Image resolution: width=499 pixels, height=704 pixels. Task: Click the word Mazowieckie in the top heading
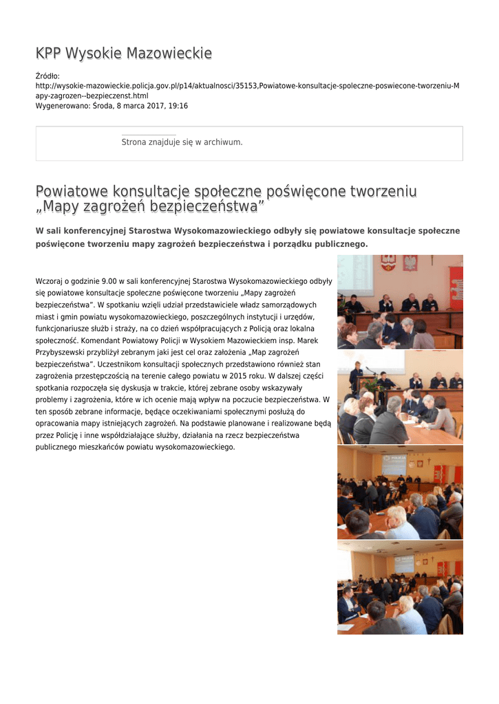coord(173,54)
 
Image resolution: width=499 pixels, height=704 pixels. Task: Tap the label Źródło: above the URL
coord(47,76)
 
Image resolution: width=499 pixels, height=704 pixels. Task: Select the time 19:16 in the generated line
coord(179,106)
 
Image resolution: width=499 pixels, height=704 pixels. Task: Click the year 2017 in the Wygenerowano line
coord(149,106)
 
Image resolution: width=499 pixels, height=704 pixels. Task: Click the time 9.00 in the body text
coord(109,281)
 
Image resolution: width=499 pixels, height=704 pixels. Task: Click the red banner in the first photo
coord(456,286)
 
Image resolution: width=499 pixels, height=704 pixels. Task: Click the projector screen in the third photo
coord(394,463)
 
